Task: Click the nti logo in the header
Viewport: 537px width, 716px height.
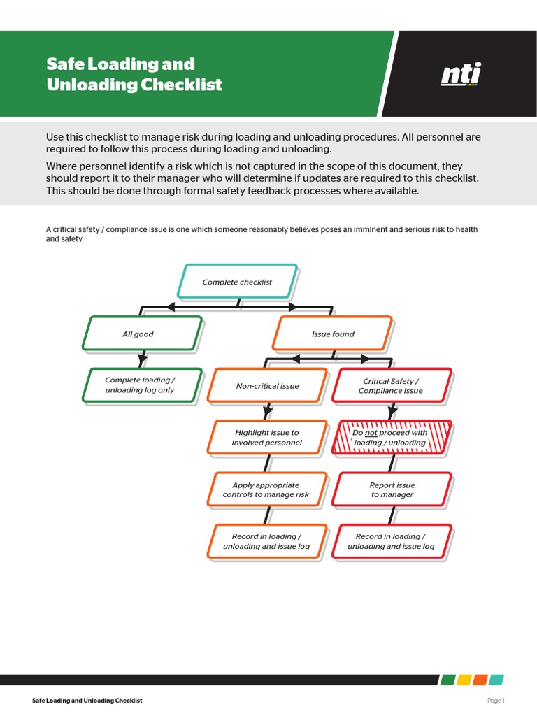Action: click(x=461, y=74)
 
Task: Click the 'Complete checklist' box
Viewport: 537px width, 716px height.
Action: click(x=238, y=282)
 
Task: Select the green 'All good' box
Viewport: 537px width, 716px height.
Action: click(x=142, y=334)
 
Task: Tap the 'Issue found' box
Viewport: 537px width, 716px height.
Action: click(x=332, y=334)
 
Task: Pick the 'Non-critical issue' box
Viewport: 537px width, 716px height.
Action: click(x=267, y=385)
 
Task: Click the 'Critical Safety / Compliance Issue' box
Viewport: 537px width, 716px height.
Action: click(x=391, y=386)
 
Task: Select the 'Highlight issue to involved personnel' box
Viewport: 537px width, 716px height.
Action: click(x=267, y=438)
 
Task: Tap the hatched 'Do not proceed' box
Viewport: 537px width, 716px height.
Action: click(x=391, y=438)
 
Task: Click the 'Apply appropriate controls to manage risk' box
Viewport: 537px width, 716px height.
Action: click(x=267, y=489)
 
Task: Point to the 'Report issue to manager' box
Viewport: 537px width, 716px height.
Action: click(x=392, y=489)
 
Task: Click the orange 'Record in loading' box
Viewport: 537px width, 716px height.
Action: click(x=267, y=541)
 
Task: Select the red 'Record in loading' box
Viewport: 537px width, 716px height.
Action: click(x=392, y=541)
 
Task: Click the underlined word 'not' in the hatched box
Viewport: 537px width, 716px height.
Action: click(x=371, y=433)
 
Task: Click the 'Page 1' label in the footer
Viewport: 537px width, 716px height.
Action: click(x=495, y=701)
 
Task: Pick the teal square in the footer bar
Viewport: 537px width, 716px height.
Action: click(x=496, y=680)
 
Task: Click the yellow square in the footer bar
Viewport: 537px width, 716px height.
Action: click(x=464, y=680)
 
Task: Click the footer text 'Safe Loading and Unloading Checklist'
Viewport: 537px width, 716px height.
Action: click(x=87, y=701)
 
